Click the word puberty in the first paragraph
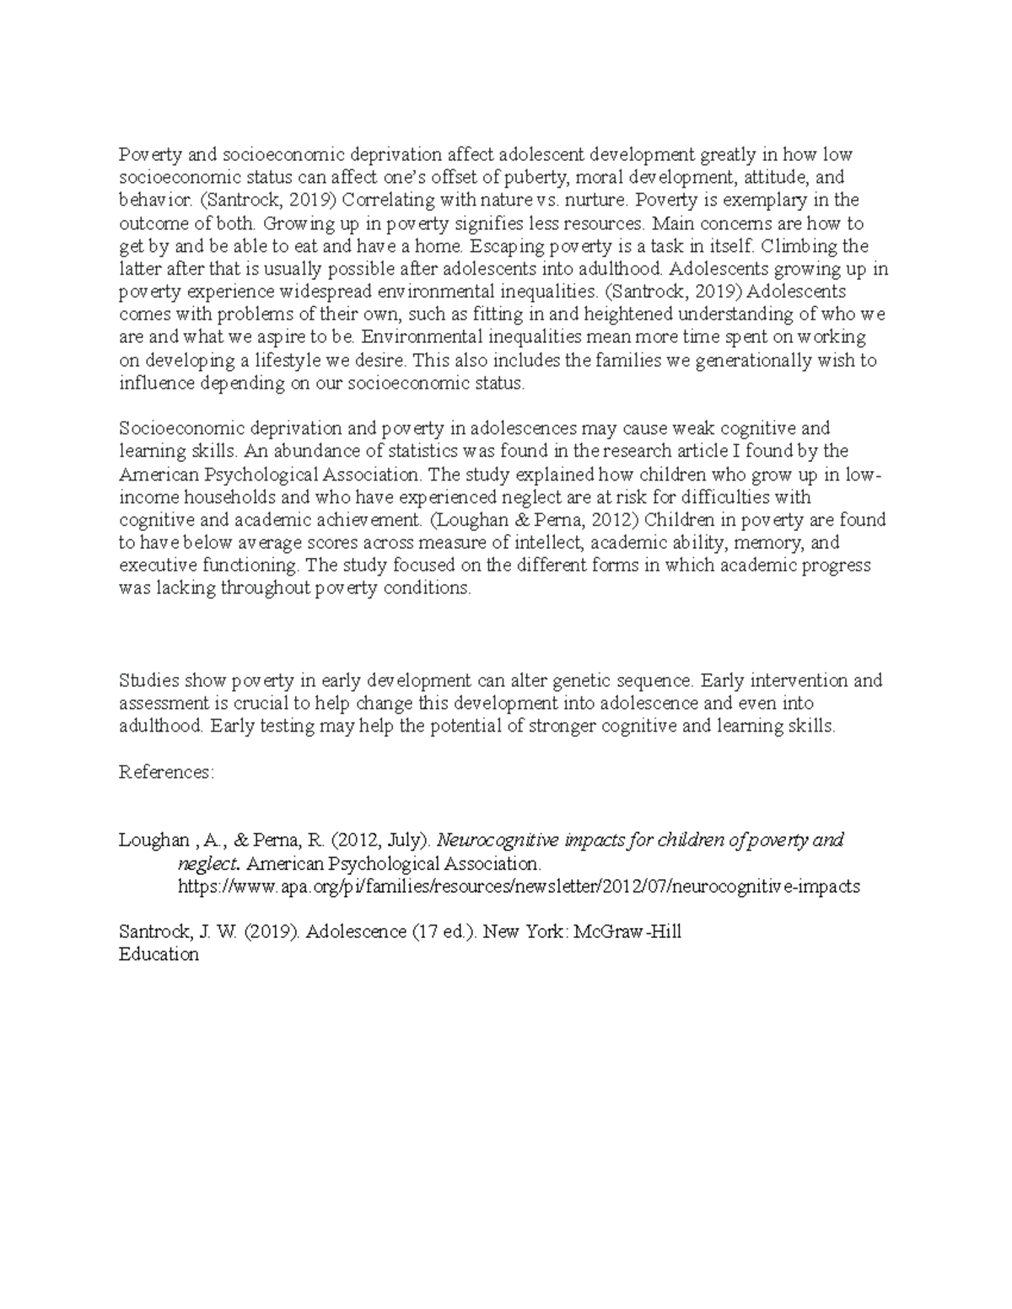point(525,178)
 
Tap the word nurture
point(595,201)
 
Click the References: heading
point(167,772)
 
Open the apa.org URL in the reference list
point(518,887)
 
